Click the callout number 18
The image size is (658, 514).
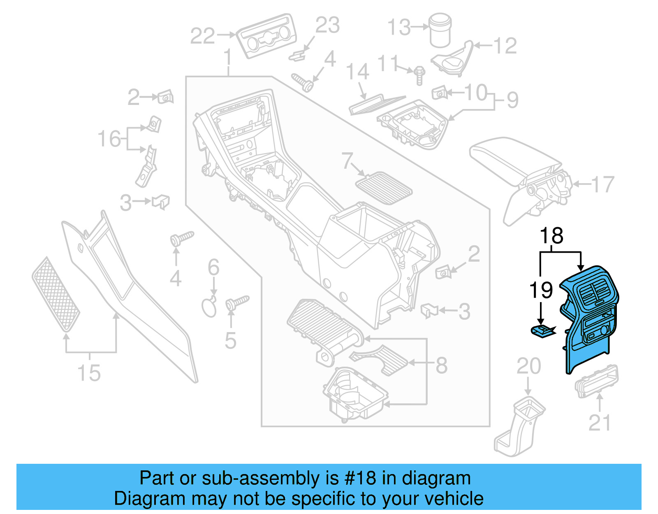[551, 236]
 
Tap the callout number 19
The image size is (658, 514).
[541, 290]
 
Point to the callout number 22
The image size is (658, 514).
[202, 36]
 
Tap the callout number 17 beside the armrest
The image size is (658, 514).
[603, 184]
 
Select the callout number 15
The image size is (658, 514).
[89, 373]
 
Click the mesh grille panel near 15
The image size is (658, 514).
[56, 294]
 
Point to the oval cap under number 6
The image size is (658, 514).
[209, 307]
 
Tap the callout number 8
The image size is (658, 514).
[441, 365]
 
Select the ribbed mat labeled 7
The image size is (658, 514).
[384, 189]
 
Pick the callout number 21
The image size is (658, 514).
[600, 423]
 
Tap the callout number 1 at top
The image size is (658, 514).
[228, 58]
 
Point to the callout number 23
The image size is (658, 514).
[327, 26]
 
